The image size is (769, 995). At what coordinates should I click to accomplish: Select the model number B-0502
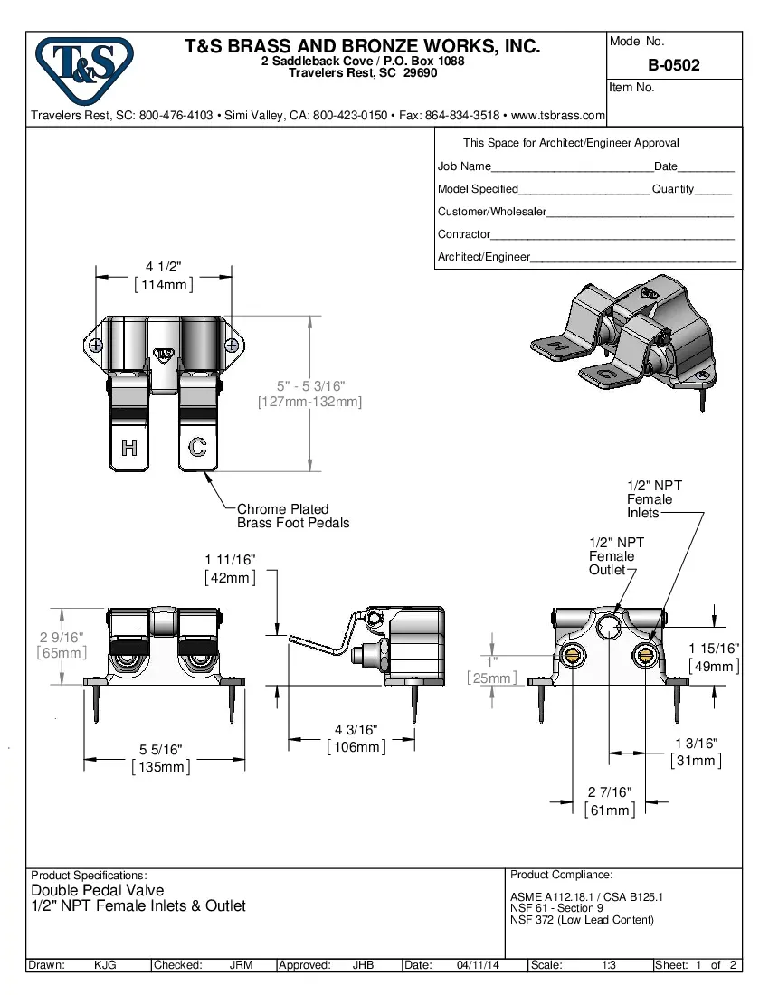point(673,65)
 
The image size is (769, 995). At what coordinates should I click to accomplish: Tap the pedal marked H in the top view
point(128,447)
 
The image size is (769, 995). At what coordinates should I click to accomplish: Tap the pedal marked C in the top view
point(197,447)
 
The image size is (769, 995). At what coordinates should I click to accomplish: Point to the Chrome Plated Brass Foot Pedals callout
point(292,516)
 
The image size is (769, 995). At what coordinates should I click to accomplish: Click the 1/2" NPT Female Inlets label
point(653,499)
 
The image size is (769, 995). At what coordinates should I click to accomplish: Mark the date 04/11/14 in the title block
point(479,965)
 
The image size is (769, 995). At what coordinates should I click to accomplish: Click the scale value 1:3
point(609,965)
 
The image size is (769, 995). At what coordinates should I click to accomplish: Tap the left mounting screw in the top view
point(95,345)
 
